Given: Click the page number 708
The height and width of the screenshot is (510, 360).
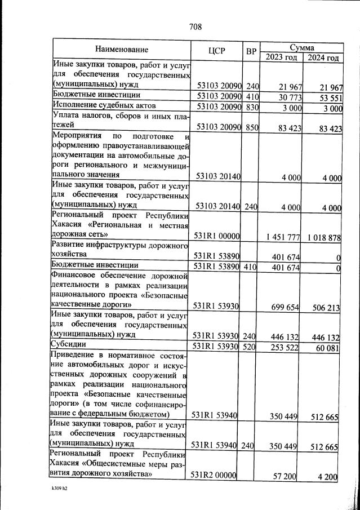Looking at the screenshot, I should (x=195, y=26).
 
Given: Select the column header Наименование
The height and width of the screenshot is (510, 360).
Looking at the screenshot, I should (x=122, y=50).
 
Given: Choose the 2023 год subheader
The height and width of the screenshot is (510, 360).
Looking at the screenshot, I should (x=281, y=57).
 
